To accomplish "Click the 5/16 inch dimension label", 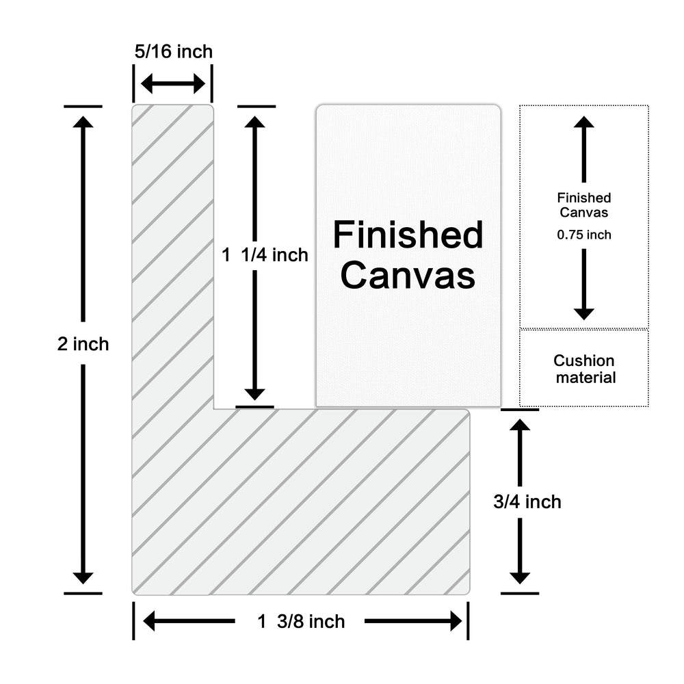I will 173,51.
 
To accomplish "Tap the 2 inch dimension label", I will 83,344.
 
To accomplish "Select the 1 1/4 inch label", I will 265,255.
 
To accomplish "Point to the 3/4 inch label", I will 527,501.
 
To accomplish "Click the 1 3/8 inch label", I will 301,621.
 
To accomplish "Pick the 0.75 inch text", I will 583,235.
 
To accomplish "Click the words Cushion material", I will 584,369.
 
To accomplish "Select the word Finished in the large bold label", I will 408,235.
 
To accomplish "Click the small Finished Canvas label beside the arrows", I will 583,205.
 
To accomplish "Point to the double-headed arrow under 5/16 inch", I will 173,84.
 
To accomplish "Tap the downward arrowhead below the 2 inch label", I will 83,576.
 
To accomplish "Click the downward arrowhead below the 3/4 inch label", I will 521,576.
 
